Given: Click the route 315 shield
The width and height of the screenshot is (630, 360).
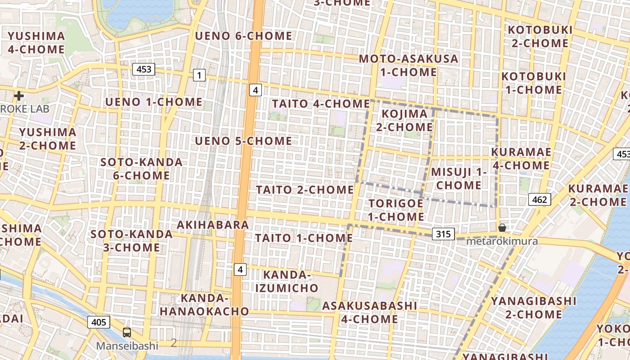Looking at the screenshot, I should pyautogui.click(x=443, y=234).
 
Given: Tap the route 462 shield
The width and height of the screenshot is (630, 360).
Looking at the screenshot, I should pyautogui.click(x=540, y=199).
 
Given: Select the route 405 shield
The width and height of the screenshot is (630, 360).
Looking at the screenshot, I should pyautogui.click(x=99, y=322).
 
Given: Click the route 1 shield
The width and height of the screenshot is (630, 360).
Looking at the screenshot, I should pyautogui.click(x=199, y=75).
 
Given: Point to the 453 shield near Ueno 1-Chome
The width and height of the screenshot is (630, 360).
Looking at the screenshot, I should pyautogui.click(x=144, y=69).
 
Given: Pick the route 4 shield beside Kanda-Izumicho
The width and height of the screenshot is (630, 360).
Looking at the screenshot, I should pyautogui.click(x=241, y=270).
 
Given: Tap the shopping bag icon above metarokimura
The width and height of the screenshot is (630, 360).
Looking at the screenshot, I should pyautogui.click(x=502, y=228).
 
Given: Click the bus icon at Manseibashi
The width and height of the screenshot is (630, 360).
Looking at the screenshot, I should pyautogui.click(x=127, y=333).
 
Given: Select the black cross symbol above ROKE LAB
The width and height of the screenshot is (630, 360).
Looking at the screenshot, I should pyautogui.click(x=19, y=96).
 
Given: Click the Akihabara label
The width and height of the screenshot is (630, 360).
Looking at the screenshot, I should pyautogui.click(x=213, y=225).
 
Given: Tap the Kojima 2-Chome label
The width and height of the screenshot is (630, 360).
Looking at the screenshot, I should pyautogui.click(x=404, y=121).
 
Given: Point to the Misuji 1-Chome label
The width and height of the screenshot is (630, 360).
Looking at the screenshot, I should pyautogui.click(x=459, y=179).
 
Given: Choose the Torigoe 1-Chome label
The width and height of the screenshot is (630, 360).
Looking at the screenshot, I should pyautogui.click(x=396, y=210).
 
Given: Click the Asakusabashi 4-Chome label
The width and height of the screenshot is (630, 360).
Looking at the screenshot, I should pyautogui.click(x=369, y=312).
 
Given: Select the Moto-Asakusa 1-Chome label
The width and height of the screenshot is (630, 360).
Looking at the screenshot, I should pyautogui.click(x=408, y=65).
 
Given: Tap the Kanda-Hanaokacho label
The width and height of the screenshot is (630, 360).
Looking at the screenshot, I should pyautogui.click(x=204, y=305).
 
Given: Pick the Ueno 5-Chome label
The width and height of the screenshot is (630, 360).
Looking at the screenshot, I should pyautogui.click(x=243, y=141).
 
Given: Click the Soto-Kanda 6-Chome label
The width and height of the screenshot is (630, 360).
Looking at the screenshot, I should pyautogui.click(x=141, y=169).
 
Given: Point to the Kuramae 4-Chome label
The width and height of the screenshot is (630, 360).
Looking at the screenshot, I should pyautogui.click(x=521, y=159).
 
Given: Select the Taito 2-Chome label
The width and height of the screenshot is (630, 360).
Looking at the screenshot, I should pyautogui.click(x=305, y=190).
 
